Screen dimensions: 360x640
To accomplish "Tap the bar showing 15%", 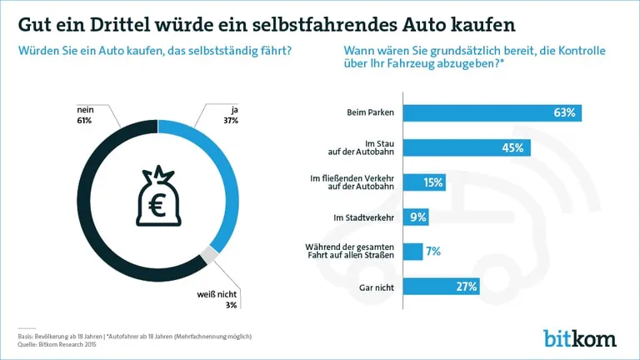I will (x=425, y=182).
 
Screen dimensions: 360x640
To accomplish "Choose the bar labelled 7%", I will (x=412, y=252).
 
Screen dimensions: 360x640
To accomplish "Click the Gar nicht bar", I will (x=442, y=287).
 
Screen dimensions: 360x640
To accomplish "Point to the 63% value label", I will (x=564, y=112).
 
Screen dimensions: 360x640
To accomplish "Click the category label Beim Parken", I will (x=371, y=112).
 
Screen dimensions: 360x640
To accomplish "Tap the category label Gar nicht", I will (x=378, y=287).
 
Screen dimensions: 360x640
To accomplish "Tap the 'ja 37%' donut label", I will (x=231, y=115).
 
